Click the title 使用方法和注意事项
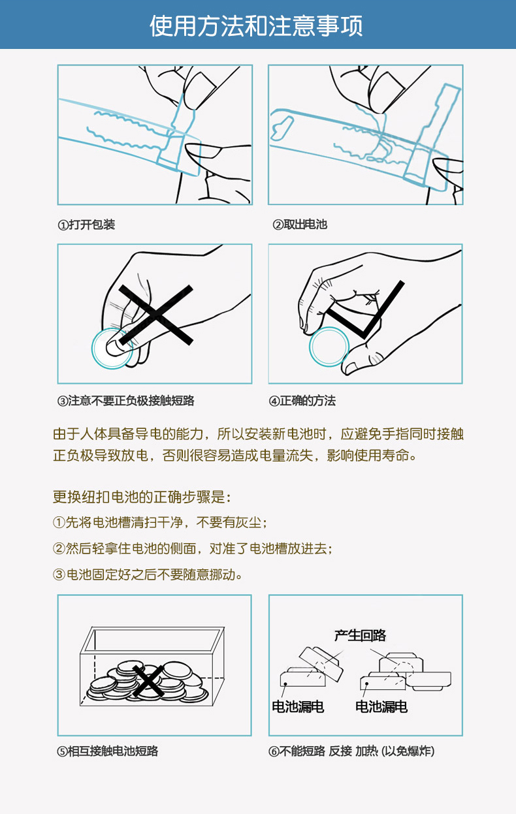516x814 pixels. coord(256,25)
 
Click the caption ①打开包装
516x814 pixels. coord(86,225)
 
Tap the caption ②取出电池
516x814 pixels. coord(300,225)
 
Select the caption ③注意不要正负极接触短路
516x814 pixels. coord(126,400)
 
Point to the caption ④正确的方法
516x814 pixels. coord(302,400)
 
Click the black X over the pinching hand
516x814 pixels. coord(155,315)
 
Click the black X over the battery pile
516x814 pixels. coord(148,681)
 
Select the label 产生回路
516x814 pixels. coord(360,635)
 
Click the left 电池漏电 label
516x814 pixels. coord(298,706)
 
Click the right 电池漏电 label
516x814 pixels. coord(381,706)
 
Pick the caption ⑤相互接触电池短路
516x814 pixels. coord(108,751)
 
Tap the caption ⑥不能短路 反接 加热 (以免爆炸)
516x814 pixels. coord(351,751)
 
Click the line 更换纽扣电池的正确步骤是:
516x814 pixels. coord(142,497)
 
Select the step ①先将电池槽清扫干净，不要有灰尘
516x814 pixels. coord(159,523)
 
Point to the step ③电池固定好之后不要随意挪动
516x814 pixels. coord(147,575)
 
